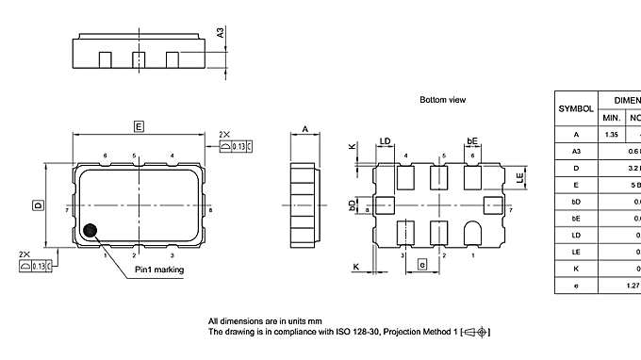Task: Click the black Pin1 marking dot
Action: [90, 229]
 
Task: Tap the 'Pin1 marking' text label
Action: [158, 270]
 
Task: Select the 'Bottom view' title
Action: [443, 99]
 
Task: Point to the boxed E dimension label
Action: [139, 125]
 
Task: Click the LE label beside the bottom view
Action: [519, 176]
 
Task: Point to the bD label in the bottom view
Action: [352, 204]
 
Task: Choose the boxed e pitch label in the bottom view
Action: [422, 267]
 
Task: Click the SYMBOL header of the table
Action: [576, 108]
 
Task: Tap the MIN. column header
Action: [612, 118]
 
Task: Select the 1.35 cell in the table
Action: [612, 135]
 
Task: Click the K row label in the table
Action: [576, 268]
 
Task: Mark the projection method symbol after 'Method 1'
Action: [480, 333]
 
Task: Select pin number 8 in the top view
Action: [210, 209]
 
